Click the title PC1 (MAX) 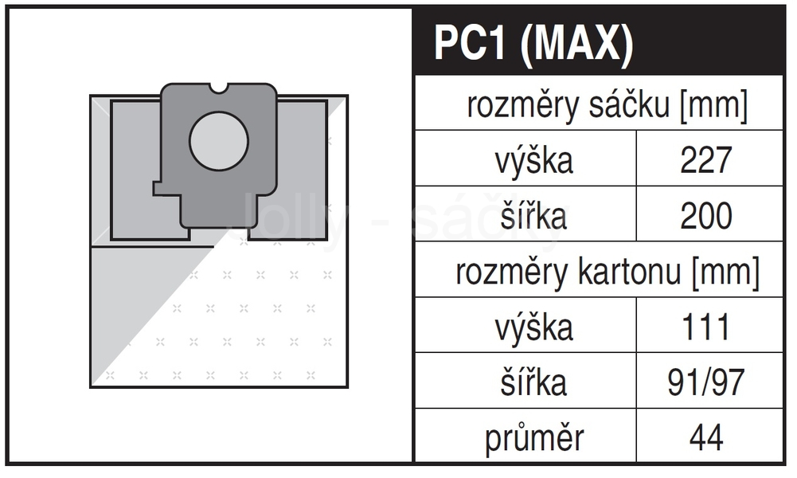[533, 43]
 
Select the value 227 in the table [705, 159]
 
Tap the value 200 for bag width [705, 215]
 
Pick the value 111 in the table [705, 327]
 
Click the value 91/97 [705, 382]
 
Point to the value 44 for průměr [706, 437]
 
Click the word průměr [534, 438]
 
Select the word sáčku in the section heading [629, 104]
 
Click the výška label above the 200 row [534, 161]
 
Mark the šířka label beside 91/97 [533, 382]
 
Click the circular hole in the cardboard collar [219, 141]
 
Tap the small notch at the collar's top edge [219, 88]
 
